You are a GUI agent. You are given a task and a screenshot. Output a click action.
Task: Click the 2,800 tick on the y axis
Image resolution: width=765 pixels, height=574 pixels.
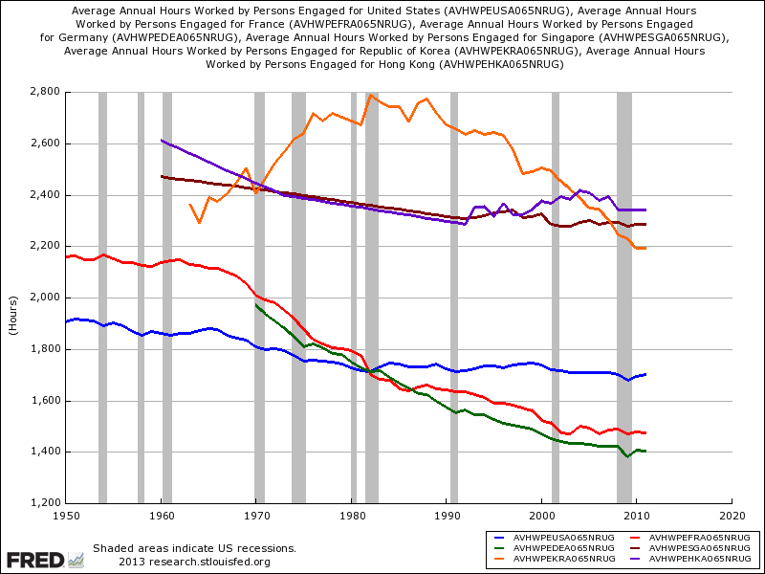[45, 92]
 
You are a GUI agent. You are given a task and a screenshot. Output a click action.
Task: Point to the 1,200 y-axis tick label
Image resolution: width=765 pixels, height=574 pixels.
[45, 503]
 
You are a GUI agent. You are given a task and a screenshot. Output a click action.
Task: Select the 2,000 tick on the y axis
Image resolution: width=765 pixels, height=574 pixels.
[45, 298]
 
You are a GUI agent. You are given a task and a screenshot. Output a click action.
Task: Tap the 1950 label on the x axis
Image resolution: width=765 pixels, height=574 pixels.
[66, 514]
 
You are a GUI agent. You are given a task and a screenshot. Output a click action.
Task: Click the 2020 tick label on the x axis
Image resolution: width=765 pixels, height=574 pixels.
[732, 514]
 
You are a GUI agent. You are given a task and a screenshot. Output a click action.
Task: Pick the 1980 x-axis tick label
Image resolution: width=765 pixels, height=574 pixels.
[351, 514]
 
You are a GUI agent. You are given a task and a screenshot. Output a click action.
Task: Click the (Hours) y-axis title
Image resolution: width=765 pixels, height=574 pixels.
[13, 298]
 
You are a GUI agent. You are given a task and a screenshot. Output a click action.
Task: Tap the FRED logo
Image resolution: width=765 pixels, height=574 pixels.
[35, 559]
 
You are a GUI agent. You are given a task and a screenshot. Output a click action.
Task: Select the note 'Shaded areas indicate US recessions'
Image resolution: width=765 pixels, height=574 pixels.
[194, 548]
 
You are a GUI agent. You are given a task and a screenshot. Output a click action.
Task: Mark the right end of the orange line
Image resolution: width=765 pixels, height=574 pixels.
[645, 248]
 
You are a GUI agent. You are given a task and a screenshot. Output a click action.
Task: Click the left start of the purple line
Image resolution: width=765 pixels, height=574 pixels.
[162, 141]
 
